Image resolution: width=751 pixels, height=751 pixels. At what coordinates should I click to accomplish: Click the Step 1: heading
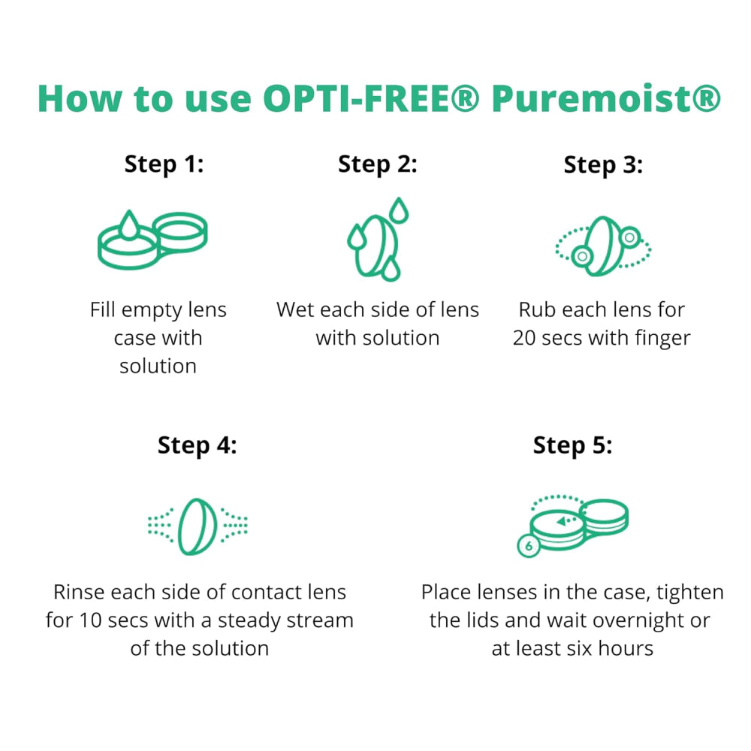[164, 164]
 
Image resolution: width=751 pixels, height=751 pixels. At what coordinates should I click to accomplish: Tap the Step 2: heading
[378, 164]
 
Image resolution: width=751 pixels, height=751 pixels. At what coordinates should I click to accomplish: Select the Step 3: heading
[603, 165]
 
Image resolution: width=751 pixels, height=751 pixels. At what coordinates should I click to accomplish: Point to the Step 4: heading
[198, 445]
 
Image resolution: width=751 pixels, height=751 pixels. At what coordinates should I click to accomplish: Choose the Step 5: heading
[573, 445]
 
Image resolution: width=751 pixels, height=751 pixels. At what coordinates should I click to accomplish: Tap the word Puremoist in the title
[598, 98]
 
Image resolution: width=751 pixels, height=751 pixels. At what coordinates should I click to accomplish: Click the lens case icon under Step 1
[152, 240]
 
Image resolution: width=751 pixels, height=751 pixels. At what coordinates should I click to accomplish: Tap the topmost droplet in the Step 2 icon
[399, 210]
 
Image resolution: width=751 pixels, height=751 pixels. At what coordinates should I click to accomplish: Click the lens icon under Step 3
[603, 246]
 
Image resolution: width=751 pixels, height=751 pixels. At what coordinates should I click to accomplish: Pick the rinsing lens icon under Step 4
[198, 526]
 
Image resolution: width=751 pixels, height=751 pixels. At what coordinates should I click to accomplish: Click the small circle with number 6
[529, 545]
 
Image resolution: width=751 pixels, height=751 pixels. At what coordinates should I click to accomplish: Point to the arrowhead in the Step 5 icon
[561, 521]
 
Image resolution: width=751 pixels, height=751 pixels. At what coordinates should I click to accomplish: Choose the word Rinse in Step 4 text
[79, 593]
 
